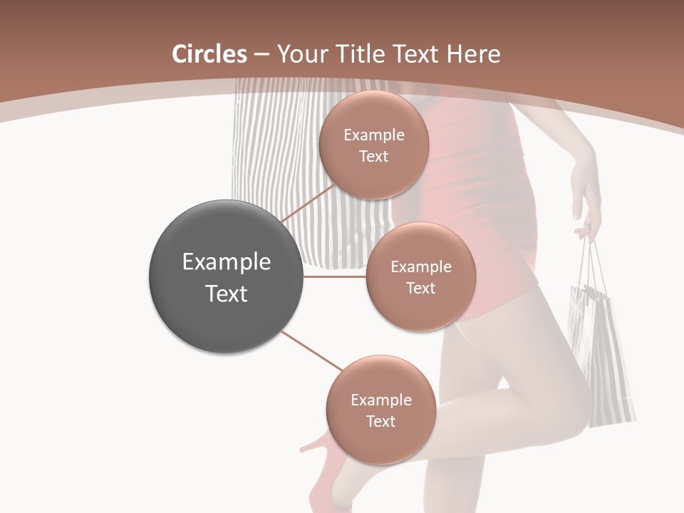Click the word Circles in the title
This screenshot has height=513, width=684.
[209, 54]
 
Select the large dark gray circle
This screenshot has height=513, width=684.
[227, 277]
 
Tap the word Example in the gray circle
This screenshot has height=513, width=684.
[227, 262]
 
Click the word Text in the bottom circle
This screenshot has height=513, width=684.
[380, 421]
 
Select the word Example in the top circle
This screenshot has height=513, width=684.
[373, 135]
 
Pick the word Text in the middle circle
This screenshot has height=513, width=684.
[420, 289]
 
